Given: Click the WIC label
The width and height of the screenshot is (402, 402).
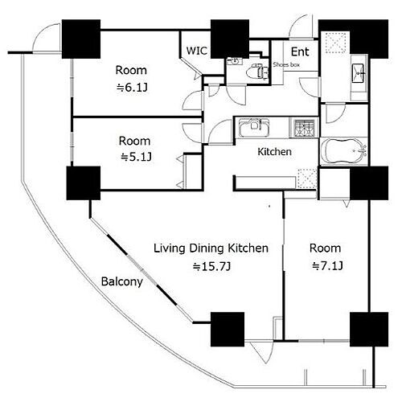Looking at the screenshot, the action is [196, 51].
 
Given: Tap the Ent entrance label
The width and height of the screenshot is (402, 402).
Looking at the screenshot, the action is [300, 51].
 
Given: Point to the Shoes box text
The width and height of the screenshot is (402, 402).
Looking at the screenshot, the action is [286, 64].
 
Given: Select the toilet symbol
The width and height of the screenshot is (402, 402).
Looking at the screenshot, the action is [257, 71].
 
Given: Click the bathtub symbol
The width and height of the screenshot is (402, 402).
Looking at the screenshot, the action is [344, 150].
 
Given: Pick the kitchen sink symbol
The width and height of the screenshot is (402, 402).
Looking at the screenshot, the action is [254, 127].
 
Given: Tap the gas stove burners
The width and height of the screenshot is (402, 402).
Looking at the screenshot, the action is [305, 128].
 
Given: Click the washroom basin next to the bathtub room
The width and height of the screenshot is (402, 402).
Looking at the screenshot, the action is [358, 73].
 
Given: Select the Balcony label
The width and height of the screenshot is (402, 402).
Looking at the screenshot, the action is [121, 282].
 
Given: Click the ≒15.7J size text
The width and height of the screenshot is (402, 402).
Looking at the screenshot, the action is [211, 266].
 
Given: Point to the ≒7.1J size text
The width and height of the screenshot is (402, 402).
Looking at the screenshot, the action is [327, 266].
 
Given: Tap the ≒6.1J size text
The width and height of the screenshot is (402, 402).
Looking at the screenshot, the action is [132, 88].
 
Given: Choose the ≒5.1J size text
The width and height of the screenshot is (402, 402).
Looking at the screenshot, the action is [136, 157].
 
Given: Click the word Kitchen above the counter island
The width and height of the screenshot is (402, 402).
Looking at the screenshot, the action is [274, 152].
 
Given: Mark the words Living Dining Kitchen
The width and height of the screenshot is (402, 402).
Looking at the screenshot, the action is [211, 248].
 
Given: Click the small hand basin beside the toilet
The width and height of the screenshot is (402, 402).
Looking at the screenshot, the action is [235, 61].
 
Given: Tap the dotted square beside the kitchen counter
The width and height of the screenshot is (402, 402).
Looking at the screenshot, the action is [307, 179].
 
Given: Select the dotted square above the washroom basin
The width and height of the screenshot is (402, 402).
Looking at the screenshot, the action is [336, 43].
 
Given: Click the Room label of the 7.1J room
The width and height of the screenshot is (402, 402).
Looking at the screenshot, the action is [325, 248].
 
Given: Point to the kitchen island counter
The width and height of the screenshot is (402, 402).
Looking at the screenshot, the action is [265, 183].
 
